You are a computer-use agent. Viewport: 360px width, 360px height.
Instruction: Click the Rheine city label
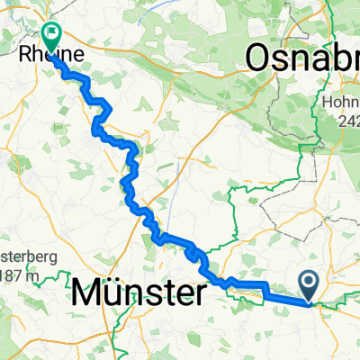56,56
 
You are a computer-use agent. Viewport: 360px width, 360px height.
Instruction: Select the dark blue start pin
309,287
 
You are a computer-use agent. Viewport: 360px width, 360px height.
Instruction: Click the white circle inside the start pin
309,283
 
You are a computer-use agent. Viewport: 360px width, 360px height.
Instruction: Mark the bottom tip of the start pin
309,302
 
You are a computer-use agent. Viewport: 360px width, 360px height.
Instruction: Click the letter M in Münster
87,294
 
